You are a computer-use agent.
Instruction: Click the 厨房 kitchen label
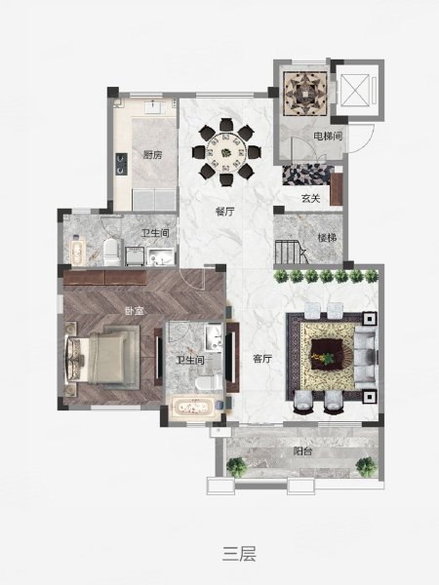pos(153,154)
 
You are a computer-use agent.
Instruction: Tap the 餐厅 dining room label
pos(225,212)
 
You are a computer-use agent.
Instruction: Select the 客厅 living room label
pos(262,359)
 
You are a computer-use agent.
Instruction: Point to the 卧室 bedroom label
pos(135,310)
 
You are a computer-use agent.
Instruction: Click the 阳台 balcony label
pos(302,451)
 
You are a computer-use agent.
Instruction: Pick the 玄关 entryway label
pos(310,198)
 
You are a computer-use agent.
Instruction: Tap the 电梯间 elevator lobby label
pos(328,136)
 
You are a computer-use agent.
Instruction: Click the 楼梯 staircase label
pos(327,238)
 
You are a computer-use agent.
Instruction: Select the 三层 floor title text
pos(239,554)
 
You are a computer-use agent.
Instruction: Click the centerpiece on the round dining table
pos(226,153)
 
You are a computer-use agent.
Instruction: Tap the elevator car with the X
pos(355,90)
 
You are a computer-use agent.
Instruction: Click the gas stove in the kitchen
pos(122,164)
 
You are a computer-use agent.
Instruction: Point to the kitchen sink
pos(153,107)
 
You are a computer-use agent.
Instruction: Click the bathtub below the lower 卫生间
pos(193,408)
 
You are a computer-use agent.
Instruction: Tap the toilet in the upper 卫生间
pos(112,253)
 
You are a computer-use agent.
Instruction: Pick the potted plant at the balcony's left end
pos(237,466)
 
